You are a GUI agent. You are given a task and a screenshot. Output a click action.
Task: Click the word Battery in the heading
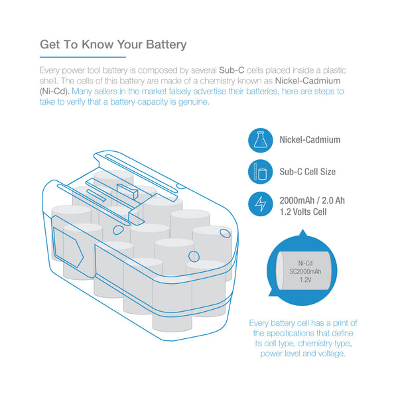[166, 44]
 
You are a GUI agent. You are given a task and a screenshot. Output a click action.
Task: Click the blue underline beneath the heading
[83, 57]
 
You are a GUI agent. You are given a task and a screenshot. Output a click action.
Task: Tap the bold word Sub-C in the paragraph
[232, 70]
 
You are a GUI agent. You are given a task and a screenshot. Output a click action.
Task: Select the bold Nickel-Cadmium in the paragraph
[308, 81]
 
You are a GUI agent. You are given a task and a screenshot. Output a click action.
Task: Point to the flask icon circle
[261, 140]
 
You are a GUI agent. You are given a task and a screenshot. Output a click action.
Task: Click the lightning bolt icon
[261, 204]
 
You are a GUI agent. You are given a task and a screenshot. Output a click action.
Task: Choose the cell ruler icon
[261, 172]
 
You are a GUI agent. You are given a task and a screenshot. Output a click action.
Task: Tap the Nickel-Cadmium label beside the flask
[310, 140]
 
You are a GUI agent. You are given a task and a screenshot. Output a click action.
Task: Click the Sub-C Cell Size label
[307, 172]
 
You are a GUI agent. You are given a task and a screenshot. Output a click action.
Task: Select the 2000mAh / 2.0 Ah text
[312, 200]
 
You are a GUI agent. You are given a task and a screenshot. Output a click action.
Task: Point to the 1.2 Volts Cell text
[303, 212]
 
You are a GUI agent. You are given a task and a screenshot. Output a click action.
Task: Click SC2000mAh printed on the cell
[305, 271]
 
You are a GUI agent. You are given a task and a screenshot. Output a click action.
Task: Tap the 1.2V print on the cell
[305, 280]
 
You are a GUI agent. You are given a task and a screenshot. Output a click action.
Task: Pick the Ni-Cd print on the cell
[305, 263]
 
